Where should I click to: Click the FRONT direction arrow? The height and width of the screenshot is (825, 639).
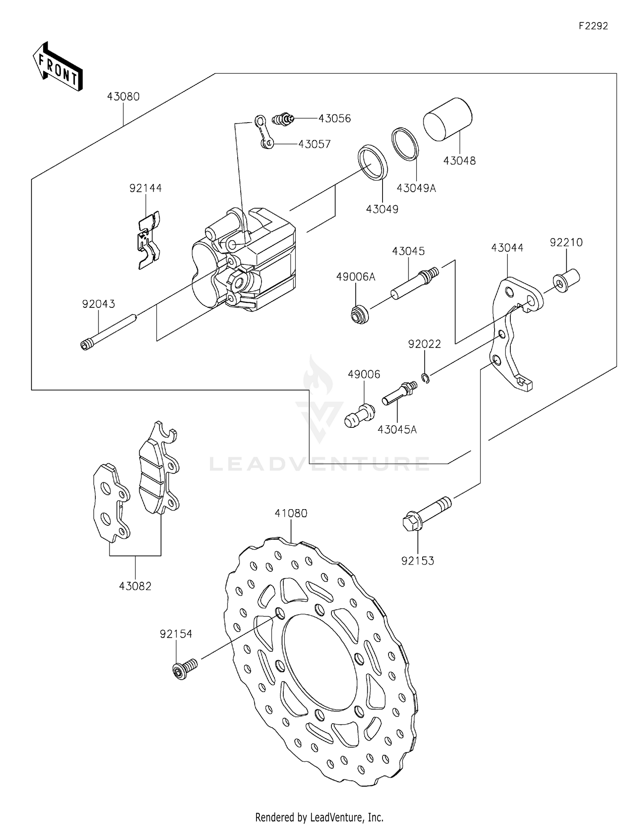[x=58, y=67]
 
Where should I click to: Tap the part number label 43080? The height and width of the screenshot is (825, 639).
[x=123, y=97]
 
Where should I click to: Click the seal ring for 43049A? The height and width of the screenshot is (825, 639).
[x=405, y=143]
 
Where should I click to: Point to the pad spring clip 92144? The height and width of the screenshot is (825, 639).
[x=148, y=241]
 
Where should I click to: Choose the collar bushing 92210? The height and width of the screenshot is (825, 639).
[x=567, y=280]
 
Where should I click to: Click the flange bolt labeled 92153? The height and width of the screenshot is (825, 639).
[x=426, y=513]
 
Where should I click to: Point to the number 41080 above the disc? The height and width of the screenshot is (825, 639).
[x=291, y=513]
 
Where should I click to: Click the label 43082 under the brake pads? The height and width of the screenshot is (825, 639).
[x=135, y=586]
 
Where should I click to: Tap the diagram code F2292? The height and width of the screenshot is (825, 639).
[x=593, y=26]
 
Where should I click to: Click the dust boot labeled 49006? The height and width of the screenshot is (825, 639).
[x=360, y=415]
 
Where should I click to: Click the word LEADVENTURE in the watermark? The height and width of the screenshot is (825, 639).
[x=319, y=464]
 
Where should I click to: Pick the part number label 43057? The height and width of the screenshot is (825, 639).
[x=314, y=144]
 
